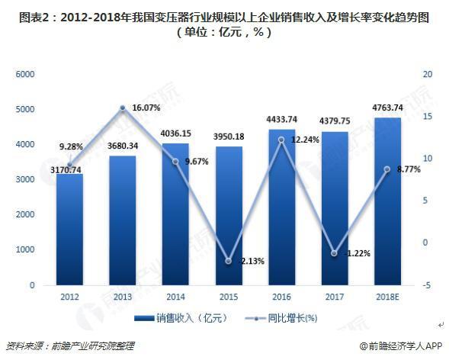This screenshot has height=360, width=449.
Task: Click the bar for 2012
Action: tap(69, 229)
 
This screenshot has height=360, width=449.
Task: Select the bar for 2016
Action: tap(281, 207)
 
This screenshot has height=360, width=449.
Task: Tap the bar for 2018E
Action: tap(387, 201)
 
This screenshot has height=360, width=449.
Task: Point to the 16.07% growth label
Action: tap(146, 108)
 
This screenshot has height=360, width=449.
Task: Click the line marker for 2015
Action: tap(228, 262)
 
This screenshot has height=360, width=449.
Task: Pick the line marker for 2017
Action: tap(334, 253)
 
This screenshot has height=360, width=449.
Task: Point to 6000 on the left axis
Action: tap(26, 74)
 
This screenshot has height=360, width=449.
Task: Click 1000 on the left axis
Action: tap(26, 249)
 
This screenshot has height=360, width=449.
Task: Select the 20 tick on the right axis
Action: tap(427, 74)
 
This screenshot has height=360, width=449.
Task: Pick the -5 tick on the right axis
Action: tap(427, 284)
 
